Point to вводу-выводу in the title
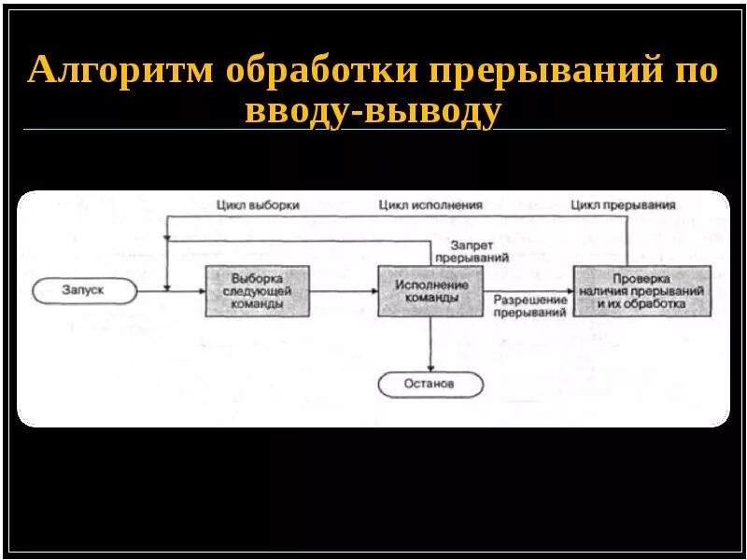click(x=373, y=111)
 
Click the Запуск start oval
click(x=83, y=290)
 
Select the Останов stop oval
click(x=430, y=384)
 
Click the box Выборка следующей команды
click(x=257, y=291)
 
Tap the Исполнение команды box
click(x=430, y=290)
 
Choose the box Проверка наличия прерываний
click(x=641, y=291)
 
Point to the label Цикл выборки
click(x=257, y=205)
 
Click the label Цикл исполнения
click(x=430, y=205)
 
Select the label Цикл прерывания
click(x=623, y=204)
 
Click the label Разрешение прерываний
click(x=530, y=306)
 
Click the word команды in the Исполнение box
click(x=430, y=298)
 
